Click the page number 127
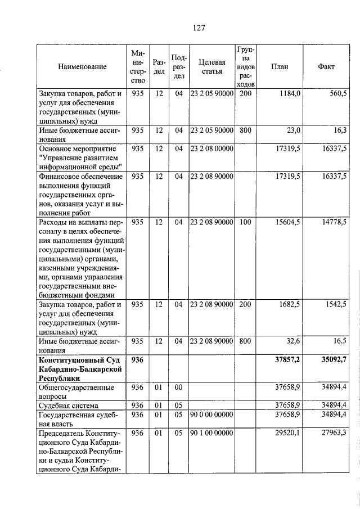pyautogui.click(x=197, y=28)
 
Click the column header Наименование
pyautogui.click(x=82, y=67)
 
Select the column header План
pyautogui.click(x=280, y=67)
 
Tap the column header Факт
pyautogui.click(x=326, y=67)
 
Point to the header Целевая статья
pyautogui.click(x=211, y=67)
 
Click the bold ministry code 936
pyautogui.click(x=138, y=359)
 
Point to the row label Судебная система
pyautogui.click(x=68, y=405)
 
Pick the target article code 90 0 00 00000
pyautogui.click(x=211, y=415)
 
